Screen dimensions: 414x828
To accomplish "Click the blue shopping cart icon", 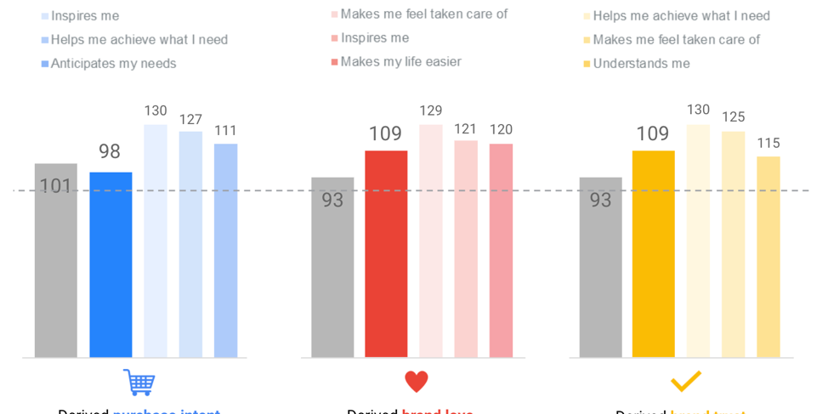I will pos(139,382).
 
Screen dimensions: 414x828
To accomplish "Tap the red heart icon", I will pos(416,381).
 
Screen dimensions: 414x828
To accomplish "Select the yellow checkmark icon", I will pos(685,381).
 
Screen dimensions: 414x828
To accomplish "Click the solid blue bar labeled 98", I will pos(111,264).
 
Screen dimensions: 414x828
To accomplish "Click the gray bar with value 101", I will pos(55,259).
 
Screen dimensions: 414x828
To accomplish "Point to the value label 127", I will pos(190,120).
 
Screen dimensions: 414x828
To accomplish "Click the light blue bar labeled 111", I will pos(225,250).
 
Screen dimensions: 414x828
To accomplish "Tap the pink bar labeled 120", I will pos(501,250).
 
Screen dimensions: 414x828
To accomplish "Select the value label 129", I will pos(431,111).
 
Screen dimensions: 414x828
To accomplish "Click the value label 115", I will pos(768,143).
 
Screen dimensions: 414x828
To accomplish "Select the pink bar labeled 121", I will pos(466,248).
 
